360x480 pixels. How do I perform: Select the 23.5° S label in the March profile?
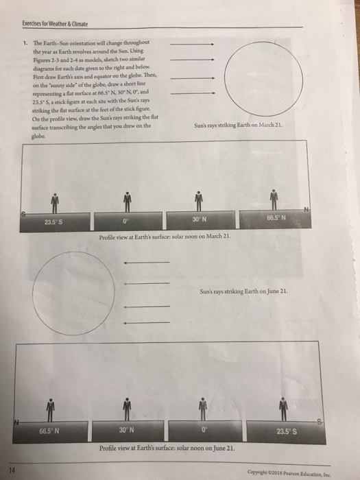pos(52,221)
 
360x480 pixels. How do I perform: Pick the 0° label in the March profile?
pos(125,221)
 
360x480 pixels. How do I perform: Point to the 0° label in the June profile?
pos(204,431)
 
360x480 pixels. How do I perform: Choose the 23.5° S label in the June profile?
pos(283,431)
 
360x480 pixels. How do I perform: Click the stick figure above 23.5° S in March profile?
pos(52,202)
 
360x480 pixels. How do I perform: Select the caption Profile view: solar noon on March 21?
pos(165,237)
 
